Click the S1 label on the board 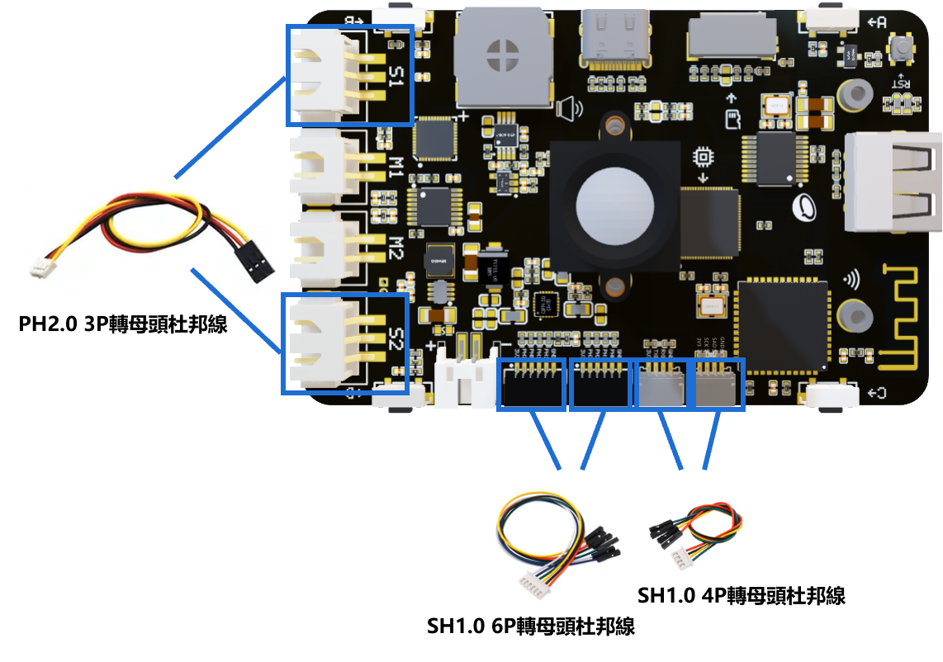tap(396, 78)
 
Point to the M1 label tap(396, 168)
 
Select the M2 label tap(396, 248)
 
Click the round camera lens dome tap(614, 205)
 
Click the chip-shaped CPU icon tap(704, 156)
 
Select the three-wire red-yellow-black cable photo tap(153, 240)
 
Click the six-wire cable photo tap(559, 543)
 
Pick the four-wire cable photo tap(697, 529)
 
